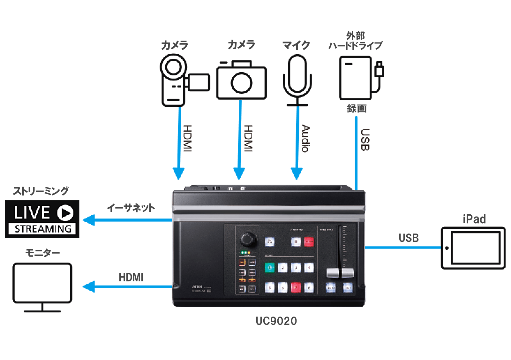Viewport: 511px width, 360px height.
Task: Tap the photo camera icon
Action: click(241, 80)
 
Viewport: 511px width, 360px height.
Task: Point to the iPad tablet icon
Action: click(473, 248)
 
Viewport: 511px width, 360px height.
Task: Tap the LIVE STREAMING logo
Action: click(42, 219)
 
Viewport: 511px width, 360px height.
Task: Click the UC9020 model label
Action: click(276, 321)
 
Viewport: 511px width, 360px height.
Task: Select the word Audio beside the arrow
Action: click(305, 138)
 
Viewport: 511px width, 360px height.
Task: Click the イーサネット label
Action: click(131, 208)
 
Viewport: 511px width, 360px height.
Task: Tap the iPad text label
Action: click(474, 219)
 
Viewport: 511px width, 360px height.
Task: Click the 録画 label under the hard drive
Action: click(357, 109)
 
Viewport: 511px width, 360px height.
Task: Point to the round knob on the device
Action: click(249, 239)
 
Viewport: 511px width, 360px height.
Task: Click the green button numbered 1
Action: click(269, 268)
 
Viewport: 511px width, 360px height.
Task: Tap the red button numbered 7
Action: click(296, 287)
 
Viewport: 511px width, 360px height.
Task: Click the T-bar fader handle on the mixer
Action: click(340, 273)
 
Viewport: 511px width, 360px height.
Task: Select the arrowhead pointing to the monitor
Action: click(89, 287)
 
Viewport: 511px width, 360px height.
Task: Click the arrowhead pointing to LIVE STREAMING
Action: click(89, 220)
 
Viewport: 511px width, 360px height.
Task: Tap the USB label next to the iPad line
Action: click(409, 238)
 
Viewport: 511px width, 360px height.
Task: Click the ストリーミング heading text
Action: click(41, 191)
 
